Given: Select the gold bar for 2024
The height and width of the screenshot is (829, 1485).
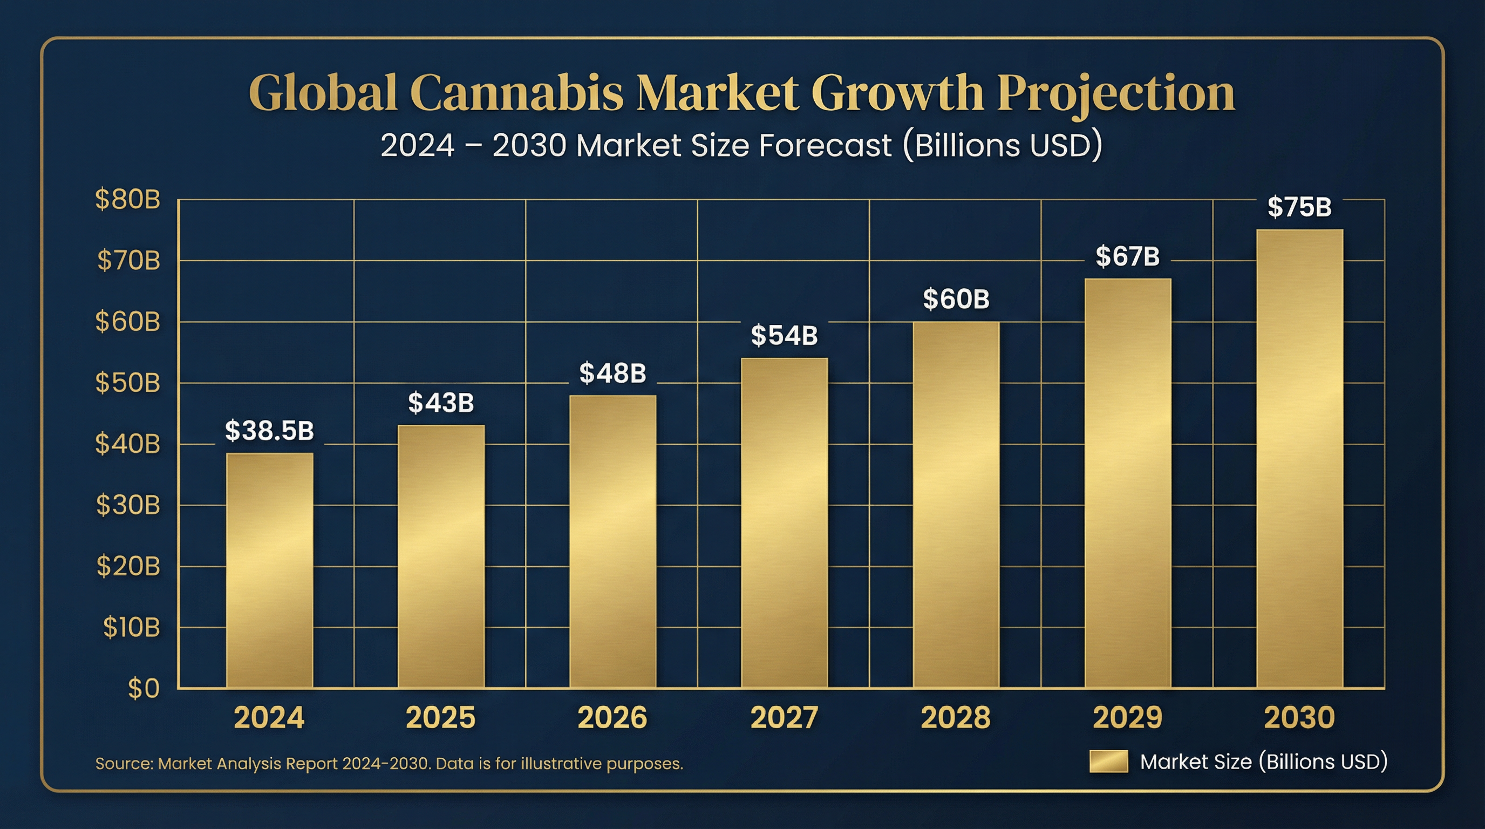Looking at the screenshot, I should click(x=269, y=570).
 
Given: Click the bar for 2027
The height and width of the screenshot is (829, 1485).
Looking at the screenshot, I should click(x=784, y=523).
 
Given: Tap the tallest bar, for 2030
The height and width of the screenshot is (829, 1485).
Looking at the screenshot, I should click(x=1299, y=458).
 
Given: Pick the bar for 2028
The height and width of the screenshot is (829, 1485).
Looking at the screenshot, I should click(x=956, y=505).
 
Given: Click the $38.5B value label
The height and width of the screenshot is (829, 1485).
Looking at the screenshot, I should click(x=269, y=431).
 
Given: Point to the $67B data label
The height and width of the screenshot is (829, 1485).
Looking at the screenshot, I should click(x=1127, y=256).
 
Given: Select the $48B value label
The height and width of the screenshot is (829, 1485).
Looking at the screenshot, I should click(x=612, y=373).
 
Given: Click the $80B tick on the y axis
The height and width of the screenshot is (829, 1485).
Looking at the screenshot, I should click(x=127, y=200).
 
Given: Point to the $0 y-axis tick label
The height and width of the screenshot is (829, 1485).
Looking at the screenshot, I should click(x=143, y=688).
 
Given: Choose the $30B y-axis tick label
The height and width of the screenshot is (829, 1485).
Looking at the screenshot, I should click(x=127, y=505).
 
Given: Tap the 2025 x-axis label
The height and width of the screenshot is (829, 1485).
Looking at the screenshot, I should click(x=440, y=718).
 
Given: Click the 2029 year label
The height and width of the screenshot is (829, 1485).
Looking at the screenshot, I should click(x=1127, y=718).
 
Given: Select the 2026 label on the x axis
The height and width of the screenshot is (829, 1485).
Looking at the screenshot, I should click(x=612, y=718).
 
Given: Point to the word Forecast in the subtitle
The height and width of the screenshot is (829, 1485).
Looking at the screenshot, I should click(x=825, y=145).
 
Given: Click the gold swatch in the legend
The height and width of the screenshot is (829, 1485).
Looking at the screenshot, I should click(x=1108, y=761).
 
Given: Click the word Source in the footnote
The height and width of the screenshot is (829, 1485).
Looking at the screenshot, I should click(x=124, y=764).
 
